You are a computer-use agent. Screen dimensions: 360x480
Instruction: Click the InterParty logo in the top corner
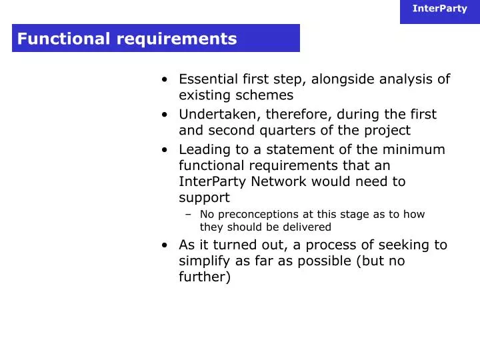click(x=439, y=9)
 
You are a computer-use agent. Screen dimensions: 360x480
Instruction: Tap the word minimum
click(x=417, y=149)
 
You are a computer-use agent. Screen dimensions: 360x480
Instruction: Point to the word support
click(x=204, y=198)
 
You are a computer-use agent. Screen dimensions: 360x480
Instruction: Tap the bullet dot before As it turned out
click(x=164, y=245)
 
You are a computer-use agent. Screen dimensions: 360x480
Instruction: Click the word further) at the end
click(x=205, y=277)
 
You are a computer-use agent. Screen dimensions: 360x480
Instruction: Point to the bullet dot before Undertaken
click(x=164, y=114)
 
